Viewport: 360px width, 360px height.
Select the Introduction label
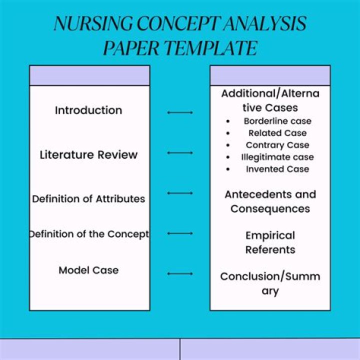[x=88, y=110]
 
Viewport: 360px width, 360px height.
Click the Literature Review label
[x=88, y=154]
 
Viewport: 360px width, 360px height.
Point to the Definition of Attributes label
[x=88, y=198]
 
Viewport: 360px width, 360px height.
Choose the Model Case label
[x=88, y=270]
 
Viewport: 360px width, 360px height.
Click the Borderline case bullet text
[x=277, y=121]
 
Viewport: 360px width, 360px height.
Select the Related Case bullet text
[x=277, y=133]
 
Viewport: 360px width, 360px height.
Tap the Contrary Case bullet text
[x=277, y=145]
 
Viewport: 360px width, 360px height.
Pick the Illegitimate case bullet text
[x=277, y=157]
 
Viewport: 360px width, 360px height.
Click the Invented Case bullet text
[x=277, y=169]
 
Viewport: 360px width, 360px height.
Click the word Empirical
[x=270, y=235]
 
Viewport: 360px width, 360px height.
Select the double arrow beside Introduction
[x=180, y=112]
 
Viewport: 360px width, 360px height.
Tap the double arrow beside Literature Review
[x=180, y=152]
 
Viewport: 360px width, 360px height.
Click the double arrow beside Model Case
[x=180, y=273]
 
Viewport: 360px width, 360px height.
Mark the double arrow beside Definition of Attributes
[x=180, y=193]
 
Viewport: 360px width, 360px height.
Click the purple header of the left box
[x=89, y=75]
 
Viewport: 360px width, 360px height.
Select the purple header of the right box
[x=270, y=75]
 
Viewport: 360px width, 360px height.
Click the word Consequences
[x=270, y=208]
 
